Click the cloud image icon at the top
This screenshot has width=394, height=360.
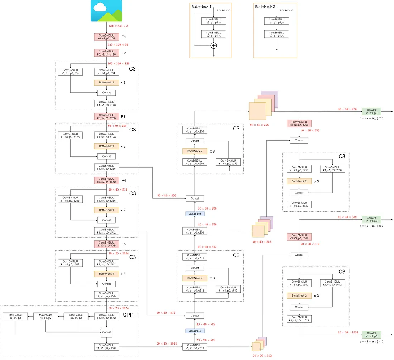106,11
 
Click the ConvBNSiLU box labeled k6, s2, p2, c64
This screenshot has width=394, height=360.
106,37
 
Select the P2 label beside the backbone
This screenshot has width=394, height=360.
124,53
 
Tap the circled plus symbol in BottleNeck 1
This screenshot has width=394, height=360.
214,45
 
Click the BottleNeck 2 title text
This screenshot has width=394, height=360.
265,6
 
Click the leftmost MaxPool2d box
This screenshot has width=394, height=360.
15,316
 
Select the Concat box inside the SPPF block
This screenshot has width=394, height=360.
106,332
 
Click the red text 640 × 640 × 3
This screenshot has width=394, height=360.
118,26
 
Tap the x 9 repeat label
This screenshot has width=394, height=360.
123,210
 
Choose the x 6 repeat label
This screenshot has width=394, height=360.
123,146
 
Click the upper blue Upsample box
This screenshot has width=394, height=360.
194,213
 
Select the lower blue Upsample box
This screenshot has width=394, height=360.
194,331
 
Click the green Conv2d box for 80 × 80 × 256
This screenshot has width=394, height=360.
371,111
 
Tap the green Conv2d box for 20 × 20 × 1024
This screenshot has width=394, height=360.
371,335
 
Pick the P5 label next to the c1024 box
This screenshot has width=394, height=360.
124,244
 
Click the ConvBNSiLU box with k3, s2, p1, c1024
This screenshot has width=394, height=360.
106,244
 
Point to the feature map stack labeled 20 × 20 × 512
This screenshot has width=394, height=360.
259,345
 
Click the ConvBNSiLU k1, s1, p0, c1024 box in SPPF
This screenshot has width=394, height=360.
106,346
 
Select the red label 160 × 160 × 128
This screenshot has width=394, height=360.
119,63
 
